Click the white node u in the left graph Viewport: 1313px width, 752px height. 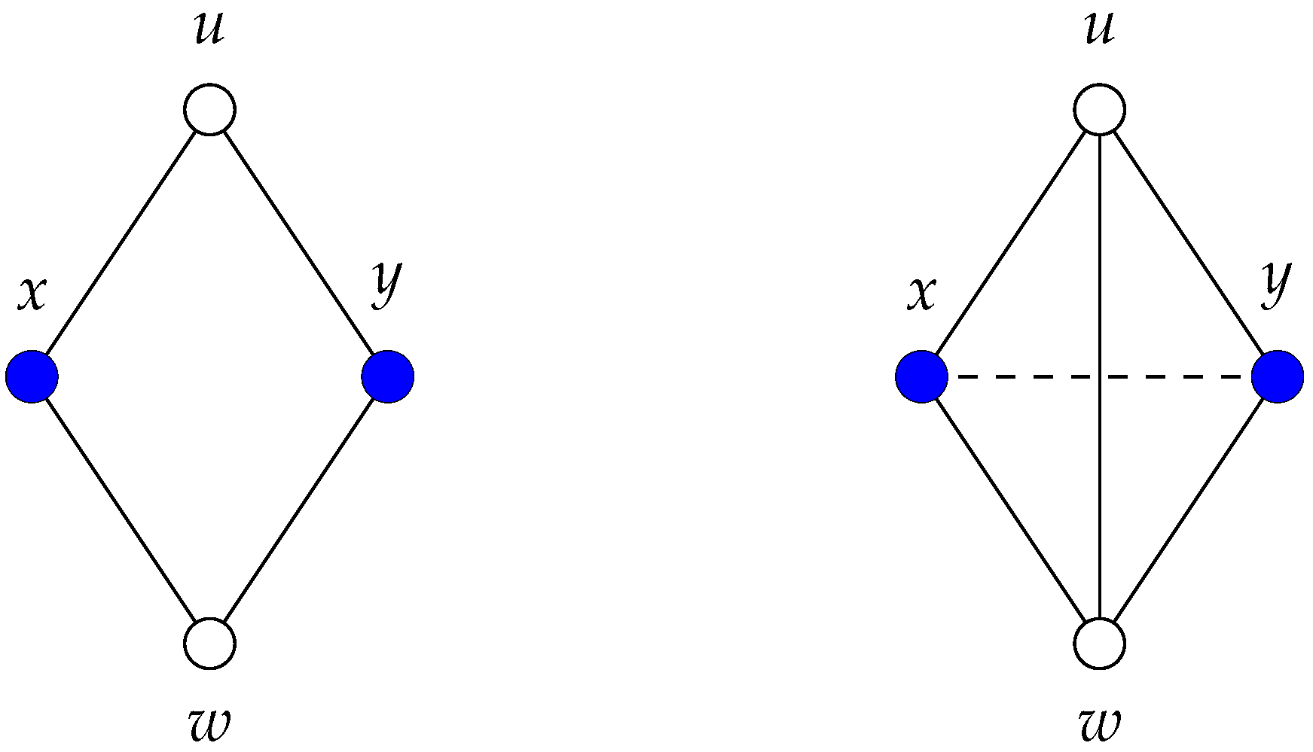click(210, 110)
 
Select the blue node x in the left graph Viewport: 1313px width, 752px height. click(32, 376)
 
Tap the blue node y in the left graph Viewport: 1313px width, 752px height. click(388, 376)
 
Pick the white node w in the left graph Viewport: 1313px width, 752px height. click(210, 644)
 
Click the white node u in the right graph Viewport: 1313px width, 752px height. click(1100, 110)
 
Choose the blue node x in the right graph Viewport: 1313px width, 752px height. click(922, 376)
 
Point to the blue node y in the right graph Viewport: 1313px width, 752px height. click(1278, 376)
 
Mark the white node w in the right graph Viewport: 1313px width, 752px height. click(1100, 644)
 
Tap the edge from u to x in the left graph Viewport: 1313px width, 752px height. click(121, 243)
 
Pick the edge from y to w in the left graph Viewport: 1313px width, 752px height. click(299, 510)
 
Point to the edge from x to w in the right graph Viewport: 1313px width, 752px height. click(1011, 510)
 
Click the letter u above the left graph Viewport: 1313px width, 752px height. click(209, 30)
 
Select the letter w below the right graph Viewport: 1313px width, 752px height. click(1100, 724)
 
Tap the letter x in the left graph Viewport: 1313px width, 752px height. click(32, 294)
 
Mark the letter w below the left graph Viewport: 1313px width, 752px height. click(209, 724)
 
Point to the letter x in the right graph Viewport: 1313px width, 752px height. click(922, 294)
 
